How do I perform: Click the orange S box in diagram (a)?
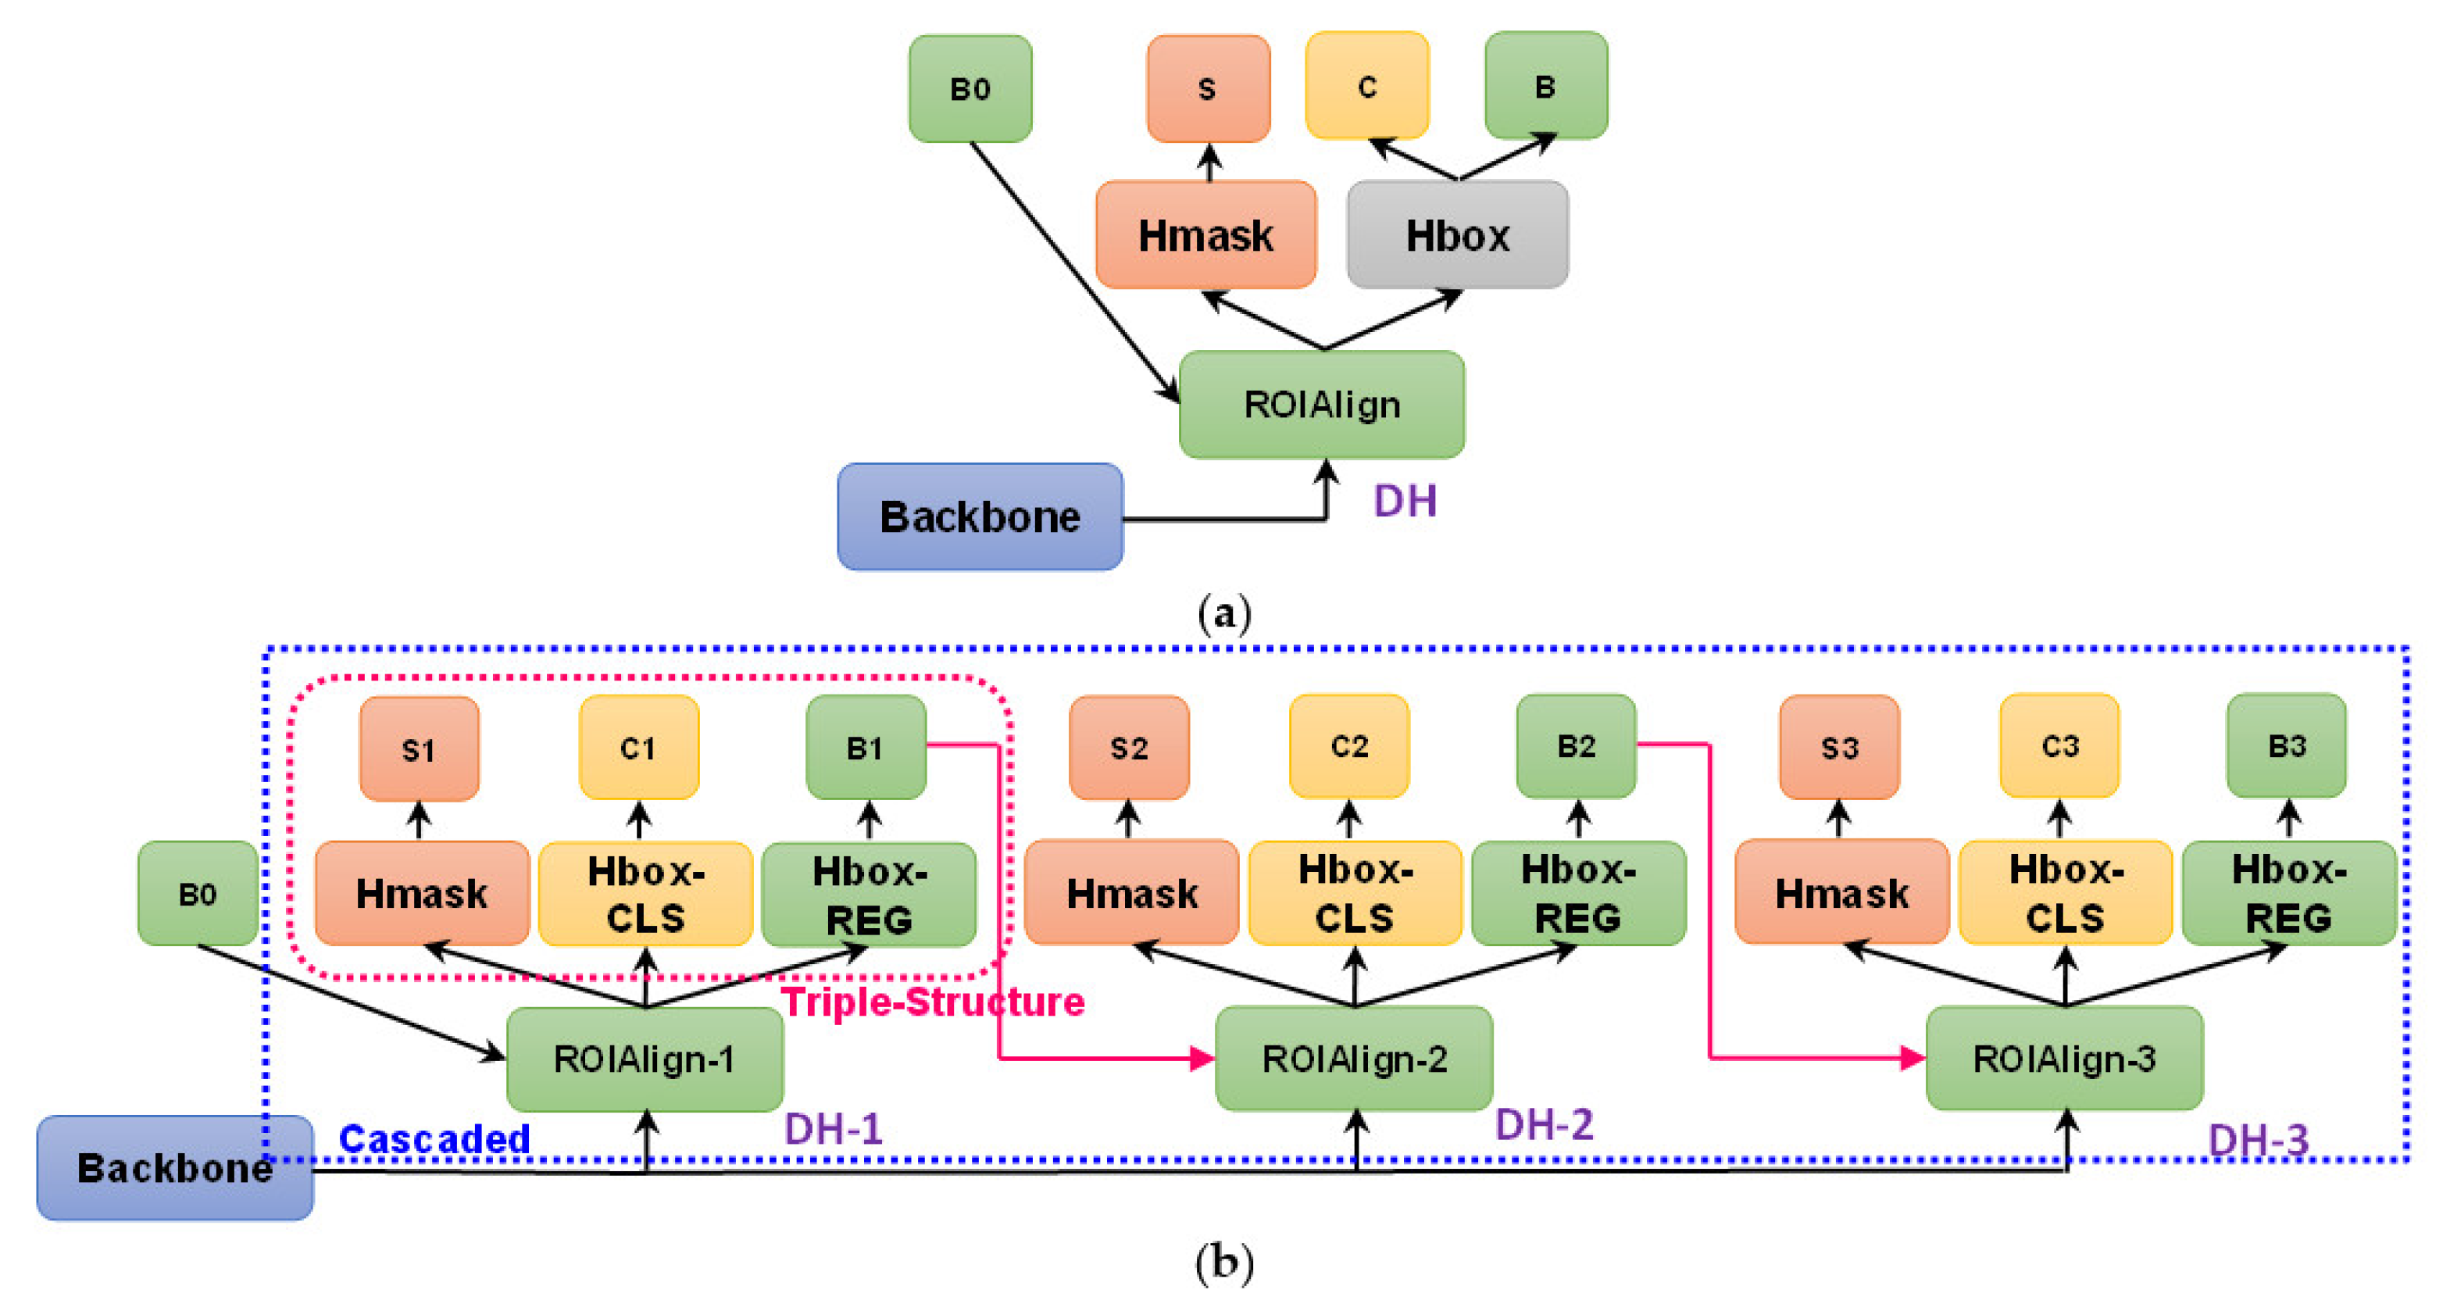click(1208, 88)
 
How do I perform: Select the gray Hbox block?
click(1457, 235)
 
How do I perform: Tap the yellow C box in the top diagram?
click(1366, 86)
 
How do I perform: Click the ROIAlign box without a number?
click(1321, 404)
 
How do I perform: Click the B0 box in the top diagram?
click(970, 88)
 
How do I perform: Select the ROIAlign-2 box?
click(1353, 1059)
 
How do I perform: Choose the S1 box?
click(419, 749)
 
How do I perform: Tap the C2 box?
click(1348, 747)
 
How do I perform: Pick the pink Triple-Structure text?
click(932, 1002)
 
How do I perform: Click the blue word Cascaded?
click(434, 1138)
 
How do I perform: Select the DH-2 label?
click(1544, 1125)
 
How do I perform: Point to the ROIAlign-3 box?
click(2064, 1059)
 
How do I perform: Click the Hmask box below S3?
click(1841, 893)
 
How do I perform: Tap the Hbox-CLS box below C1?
click(646, 894)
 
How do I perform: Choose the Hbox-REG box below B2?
click(1578, 893)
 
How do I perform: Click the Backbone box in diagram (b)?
click(175, 1167)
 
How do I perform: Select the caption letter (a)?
click(1224, 613)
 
